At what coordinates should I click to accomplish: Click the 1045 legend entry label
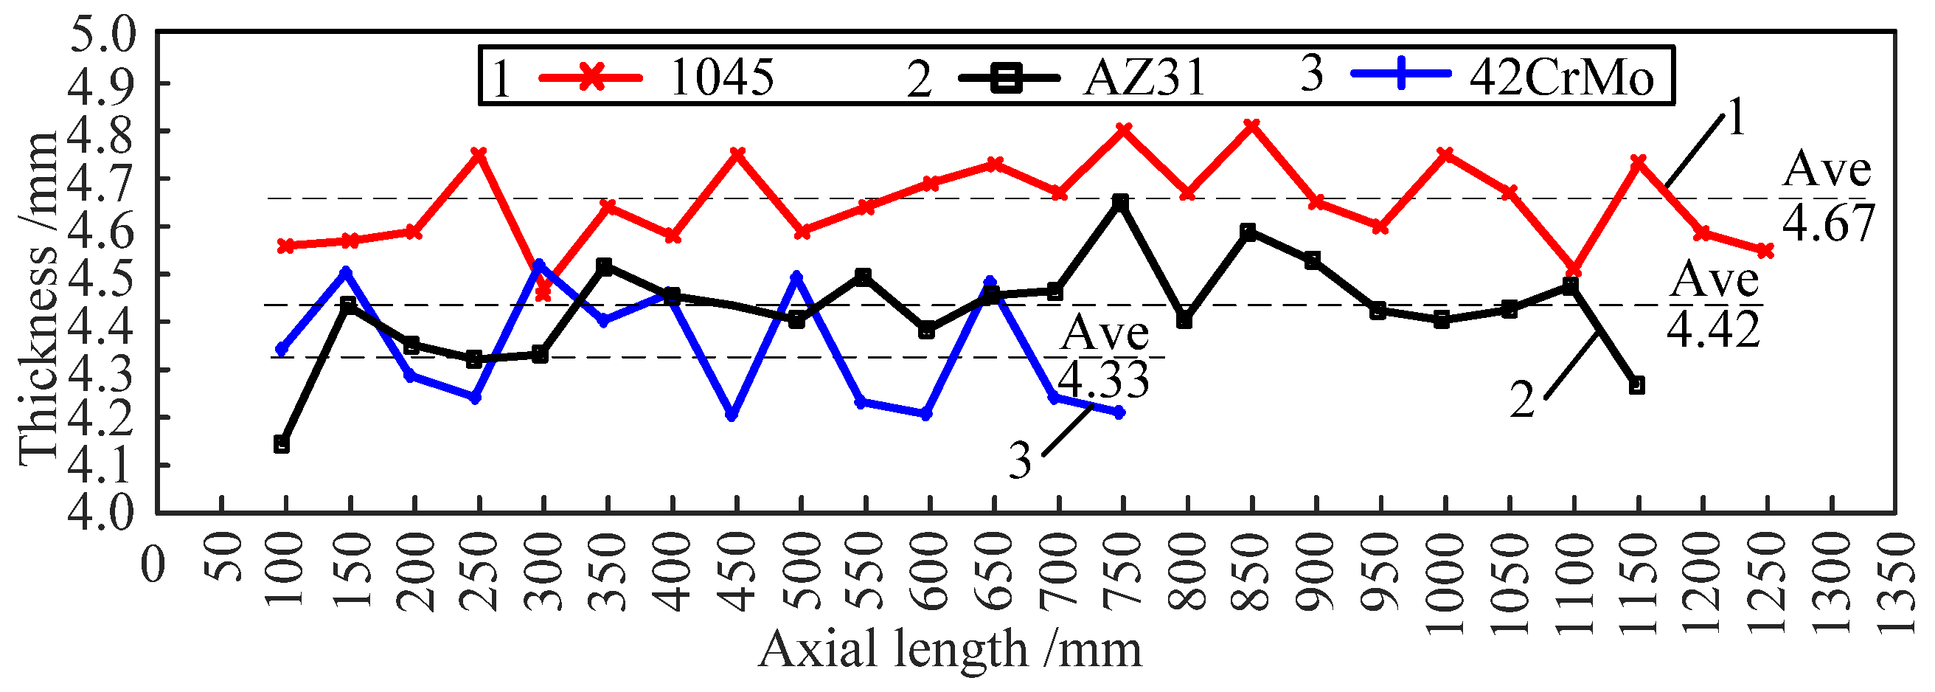click(x=721, y=77)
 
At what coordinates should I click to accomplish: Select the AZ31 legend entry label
click(x=1143, y=77)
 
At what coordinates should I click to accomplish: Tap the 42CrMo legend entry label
click(x=1561, y=77)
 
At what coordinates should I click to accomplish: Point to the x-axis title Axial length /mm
click(x=950, y=649)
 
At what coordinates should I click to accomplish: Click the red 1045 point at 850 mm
click(x=1251, y=125)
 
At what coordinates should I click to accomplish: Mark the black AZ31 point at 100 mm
click(x=282, y=444)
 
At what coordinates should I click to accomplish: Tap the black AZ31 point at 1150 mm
click(x=1637, y=385)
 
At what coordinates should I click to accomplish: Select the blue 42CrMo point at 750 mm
click(x=1119, y=412)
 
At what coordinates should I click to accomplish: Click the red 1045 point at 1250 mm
click(x=1765, y=250)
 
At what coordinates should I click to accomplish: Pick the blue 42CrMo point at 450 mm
click(x=732, y=415)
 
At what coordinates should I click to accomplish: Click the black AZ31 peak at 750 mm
click(x=1121, y=202)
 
